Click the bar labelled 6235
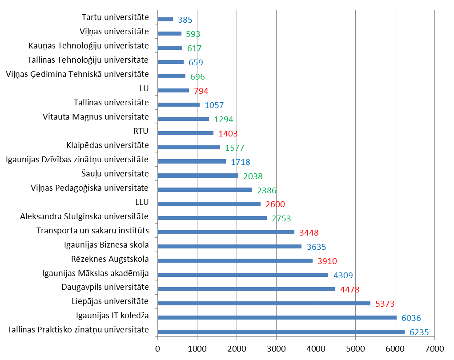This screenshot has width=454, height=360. (x=281, y=332)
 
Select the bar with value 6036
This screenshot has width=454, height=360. (x=277, y=317)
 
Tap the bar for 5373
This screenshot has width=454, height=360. (x=264, y=303)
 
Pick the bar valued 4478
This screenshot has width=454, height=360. (x=246, y=289)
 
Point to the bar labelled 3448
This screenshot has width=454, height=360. (x=226, y=232)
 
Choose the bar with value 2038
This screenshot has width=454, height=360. (x=198, y=176)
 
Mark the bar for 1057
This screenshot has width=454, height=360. (x=178, y=104)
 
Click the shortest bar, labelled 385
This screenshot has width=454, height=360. (x=165, y=19)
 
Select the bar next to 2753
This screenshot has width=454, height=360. (x=212, y=218)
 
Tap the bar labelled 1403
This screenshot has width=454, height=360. (x=185, y=133)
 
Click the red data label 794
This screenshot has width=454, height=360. (x=201, y=91)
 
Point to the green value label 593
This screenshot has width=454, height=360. (x=193, y=34)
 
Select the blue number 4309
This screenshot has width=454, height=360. (x=343, y=276)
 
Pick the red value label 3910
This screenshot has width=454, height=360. (x=327, y=261)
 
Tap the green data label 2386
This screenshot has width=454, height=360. (x=266, y=191)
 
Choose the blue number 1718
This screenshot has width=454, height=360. (x=240, y=162)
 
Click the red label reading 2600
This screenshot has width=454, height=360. (x=275, y=204)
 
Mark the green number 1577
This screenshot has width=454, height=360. (x=234, y=148)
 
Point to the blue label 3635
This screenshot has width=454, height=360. (x=316, y=247)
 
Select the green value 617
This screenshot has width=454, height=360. (x=194, y=48)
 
